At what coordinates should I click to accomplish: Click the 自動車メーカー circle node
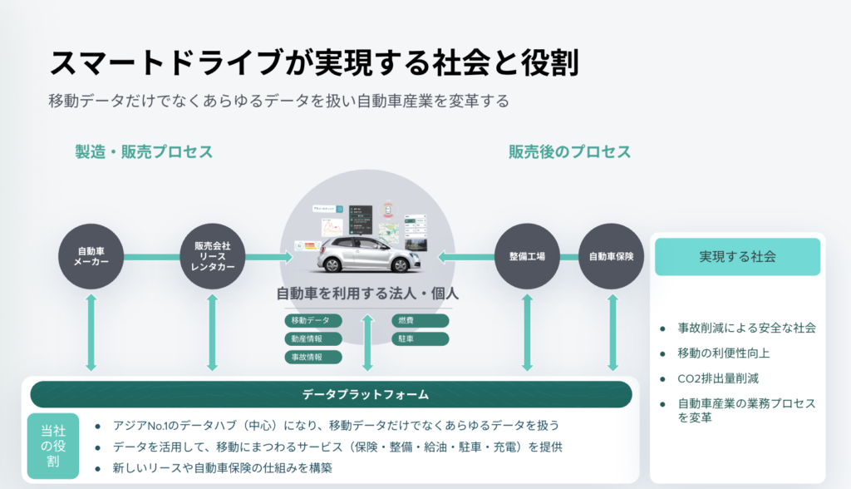tap(91, 257)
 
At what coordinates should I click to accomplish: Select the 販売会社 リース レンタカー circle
tap(213, 257)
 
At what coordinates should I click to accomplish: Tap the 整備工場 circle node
tap(527, 257)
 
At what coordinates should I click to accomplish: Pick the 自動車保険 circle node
tap(612, 257)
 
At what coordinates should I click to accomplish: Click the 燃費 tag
tap(421, 320)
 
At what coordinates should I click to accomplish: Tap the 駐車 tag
tap(421, 338)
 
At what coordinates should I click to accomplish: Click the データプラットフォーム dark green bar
tap(331, 394)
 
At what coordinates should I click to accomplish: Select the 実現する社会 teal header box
tap(737, 256)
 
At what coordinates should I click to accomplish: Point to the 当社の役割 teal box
tap(53, 447)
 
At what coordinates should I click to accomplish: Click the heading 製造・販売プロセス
tap(144, 152)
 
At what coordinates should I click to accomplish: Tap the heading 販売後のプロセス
tap(570, 152)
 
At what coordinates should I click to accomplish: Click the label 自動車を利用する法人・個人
tap(367, 294)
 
